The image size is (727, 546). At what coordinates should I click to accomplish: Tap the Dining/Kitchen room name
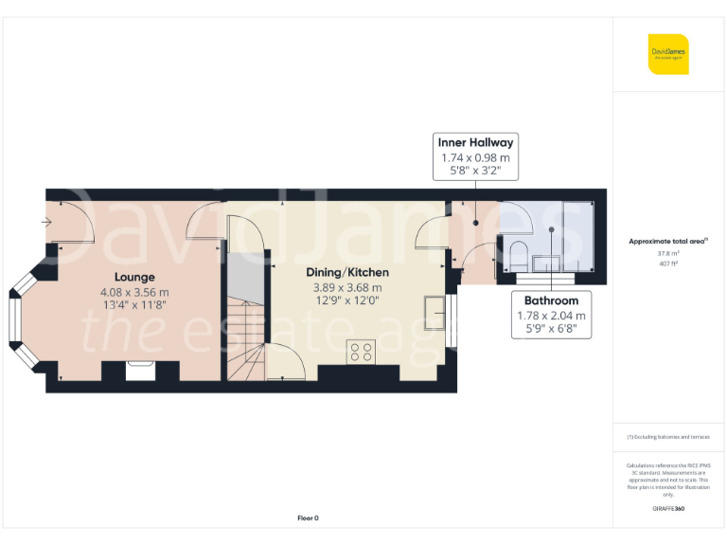coord(347,272)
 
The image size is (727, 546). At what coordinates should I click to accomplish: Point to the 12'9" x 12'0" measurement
coord(347,301)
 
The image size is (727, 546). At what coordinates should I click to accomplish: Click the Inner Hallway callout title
coord(475,143)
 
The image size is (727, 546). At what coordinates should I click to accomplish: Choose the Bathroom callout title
coord(551,300)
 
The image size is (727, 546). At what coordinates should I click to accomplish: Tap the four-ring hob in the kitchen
coord(361,352)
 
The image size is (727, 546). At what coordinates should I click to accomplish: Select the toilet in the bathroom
coord(518,251)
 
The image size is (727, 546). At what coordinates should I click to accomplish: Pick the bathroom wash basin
coord(546,264)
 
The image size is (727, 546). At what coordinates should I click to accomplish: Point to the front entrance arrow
coord(47,223)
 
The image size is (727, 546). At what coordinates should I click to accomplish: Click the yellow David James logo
coord(668,54)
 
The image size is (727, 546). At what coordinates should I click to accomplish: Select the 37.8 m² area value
coord(668,253)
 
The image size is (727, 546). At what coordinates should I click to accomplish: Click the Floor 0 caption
coord(309,518)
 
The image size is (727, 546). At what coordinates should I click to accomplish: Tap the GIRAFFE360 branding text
coord(668,509)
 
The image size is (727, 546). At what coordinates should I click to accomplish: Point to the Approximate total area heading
coord(668,242)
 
